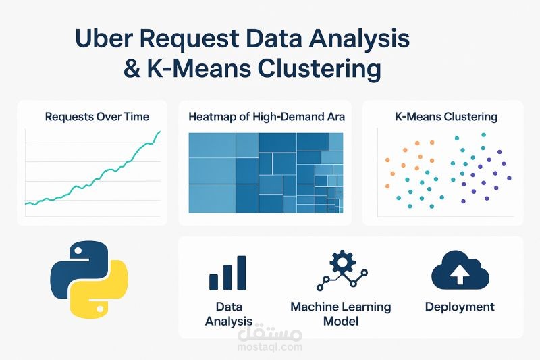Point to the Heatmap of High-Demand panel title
(x=267, y=116)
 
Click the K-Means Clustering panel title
(x=446, y=116)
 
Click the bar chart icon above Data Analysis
(x=227, y=273)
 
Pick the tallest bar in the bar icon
(x=241, y=272)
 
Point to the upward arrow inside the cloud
(x=460, y=274)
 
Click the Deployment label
(x=460, y=307)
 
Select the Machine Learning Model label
(x=341, y=313)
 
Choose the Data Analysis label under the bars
(x=229, y=314)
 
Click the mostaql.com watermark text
(x=270, y=347)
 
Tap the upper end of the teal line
(x=160, y=132)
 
